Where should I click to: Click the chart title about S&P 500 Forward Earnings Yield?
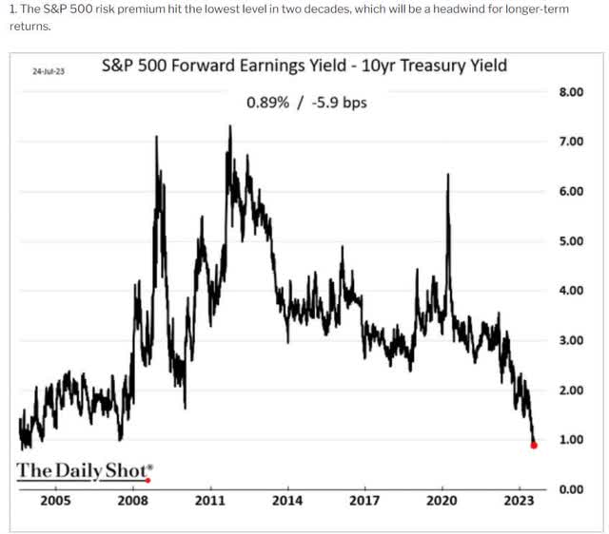coord(304,66)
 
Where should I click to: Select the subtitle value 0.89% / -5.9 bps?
coord(305,102)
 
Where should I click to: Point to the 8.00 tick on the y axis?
coord(568,92)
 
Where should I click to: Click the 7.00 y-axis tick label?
coord(568,142)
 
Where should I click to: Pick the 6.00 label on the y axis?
coord(568,191)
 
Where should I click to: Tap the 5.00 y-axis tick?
coord(568,240)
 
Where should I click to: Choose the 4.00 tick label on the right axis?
coord(568,290)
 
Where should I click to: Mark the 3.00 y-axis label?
coord(568,340)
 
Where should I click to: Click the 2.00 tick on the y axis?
coord(568,390)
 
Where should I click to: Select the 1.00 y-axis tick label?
coord(568,439)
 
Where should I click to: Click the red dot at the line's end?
coord(534,444)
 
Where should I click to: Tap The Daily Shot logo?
coord(84,471)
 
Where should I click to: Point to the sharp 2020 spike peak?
coord(447,175)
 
